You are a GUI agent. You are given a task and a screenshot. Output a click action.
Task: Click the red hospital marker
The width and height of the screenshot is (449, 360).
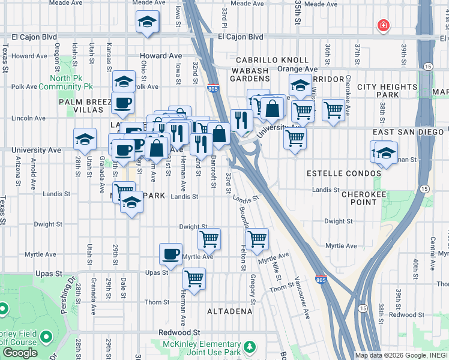click(382, 26)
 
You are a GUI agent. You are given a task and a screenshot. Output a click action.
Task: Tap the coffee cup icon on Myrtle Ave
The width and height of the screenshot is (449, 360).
click(170, 253)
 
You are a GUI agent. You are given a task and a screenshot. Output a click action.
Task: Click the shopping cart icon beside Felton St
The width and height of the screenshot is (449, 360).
click(257, 238)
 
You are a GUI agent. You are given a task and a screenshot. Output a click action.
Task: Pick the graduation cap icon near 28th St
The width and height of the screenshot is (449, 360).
click(85, 139)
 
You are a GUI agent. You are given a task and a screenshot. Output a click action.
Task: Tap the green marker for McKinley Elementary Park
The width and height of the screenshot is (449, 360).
click(249, 347)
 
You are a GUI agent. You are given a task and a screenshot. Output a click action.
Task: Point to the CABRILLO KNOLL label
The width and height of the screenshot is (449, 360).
click(272, 61)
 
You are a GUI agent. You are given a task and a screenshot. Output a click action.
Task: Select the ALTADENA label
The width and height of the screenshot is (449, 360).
click(230, 311)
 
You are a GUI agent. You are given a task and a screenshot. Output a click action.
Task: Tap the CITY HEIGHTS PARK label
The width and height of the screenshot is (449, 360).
click(387, 91)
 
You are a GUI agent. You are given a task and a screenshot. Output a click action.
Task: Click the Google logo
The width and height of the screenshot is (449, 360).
click(20, 353)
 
